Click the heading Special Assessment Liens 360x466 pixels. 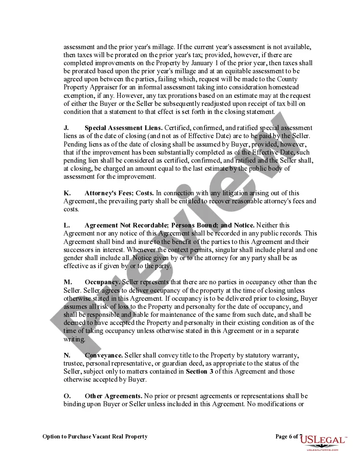124,128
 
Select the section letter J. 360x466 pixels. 66,128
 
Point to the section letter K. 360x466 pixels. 66,193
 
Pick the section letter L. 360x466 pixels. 66,225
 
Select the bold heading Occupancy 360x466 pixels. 102,282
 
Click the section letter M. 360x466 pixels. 66,282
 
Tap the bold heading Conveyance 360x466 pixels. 104,355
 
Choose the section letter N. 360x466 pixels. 66,355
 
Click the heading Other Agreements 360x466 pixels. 114,396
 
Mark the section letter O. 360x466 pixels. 66,396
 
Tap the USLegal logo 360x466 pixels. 323,442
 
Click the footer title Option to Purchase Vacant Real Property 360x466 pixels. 95,436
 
